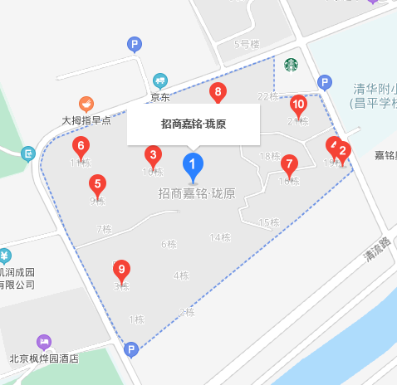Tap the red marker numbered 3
click(x=153, y=155)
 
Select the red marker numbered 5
click(x=98, y=184)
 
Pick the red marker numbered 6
click(x=80, y=147)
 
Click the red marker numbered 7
click(x=289, y=163)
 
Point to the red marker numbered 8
click(x=218, y=91)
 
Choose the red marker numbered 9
click(x=122, y=269)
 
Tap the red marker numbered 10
click(x=299, y=105)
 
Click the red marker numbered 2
click(x=342, y=151)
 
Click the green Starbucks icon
click(x=291, y=64)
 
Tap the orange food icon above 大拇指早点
click(x=86, y=104)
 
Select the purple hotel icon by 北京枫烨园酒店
click(x=43, y=342)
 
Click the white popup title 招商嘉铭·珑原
click(x=194, y=124)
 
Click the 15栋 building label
click(x=269, y=222)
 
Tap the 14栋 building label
click(x=220, y=238)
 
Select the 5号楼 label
click(x=248, y=43)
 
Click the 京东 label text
click(x=160, y=97)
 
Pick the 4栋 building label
click(x=181, y=275)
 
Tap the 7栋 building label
click(x=104, y=229)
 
